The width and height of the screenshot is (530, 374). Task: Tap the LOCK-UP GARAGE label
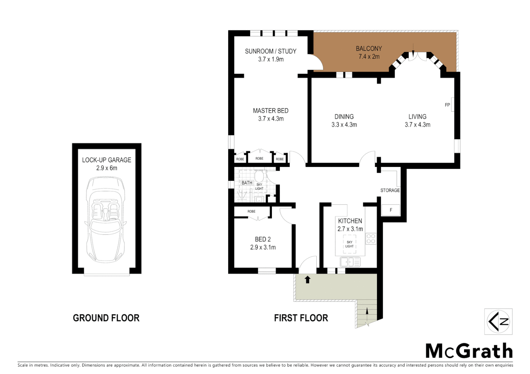click(x=106, y=160)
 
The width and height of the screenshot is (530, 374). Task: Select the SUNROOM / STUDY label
click(x=271, y=51)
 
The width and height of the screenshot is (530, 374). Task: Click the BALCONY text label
click(x=369, y=48)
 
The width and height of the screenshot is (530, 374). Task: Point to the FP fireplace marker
click(x=447, y=105)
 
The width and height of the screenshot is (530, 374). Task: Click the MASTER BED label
click(x=271, y=111)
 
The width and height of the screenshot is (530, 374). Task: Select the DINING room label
click(x=344, y=117)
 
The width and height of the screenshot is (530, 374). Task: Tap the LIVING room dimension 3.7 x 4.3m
click(x=417, y=125)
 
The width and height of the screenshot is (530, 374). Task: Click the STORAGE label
click(x=390, y=190)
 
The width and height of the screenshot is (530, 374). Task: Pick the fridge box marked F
click(x=391, y=210)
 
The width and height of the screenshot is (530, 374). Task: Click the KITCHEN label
click(x=350, y=221)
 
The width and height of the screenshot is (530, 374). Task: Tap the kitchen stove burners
click(x=371, y=239)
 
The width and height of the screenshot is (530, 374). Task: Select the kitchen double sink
click(x=350, y=262)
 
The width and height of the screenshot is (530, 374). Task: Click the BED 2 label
click(x=263, y=239)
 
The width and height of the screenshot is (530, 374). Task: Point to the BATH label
click(x=247, y=183)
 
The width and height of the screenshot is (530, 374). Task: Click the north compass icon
click(x=498, y=321)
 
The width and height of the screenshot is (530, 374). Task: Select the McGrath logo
click(x=469, y=351)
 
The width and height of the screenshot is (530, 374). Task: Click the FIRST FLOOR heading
click(x=301, y=318)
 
